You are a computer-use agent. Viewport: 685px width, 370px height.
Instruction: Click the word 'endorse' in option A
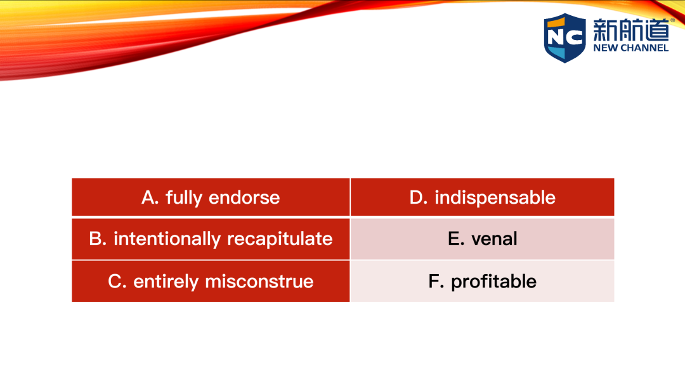click(x=244, y=197)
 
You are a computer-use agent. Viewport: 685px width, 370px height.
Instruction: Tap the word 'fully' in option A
click(x=184, y=198)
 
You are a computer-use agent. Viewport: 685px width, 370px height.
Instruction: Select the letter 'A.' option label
click(x=150, y=197)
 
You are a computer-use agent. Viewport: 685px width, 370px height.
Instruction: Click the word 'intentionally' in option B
click(x=167, y=239)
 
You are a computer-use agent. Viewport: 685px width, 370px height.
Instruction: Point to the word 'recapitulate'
click(x=280, y=239)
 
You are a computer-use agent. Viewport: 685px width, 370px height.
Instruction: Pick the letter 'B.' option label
click(x=98, y=239)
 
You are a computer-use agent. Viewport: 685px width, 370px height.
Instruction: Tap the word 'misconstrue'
click(x=259, y=282)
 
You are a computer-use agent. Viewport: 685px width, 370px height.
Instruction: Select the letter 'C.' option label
click(x=117, y=282)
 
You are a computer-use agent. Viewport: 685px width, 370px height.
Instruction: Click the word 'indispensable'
click(x=495, y=198)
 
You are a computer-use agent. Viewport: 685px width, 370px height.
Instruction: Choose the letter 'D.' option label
click(x=419, y=197)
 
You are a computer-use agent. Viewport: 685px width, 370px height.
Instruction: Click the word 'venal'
click(x=494, y=239)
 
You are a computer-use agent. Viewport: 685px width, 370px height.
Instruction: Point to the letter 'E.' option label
click(x=456, y=239)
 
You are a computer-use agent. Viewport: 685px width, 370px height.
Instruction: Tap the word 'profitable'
click(x=493, y=282)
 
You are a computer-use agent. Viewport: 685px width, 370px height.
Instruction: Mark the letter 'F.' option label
click(x=436, y=282)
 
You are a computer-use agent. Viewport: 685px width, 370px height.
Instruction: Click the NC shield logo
click(x=565, y=37)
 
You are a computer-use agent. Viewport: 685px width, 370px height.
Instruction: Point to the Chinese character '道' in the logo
click(x=656, y=30)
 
